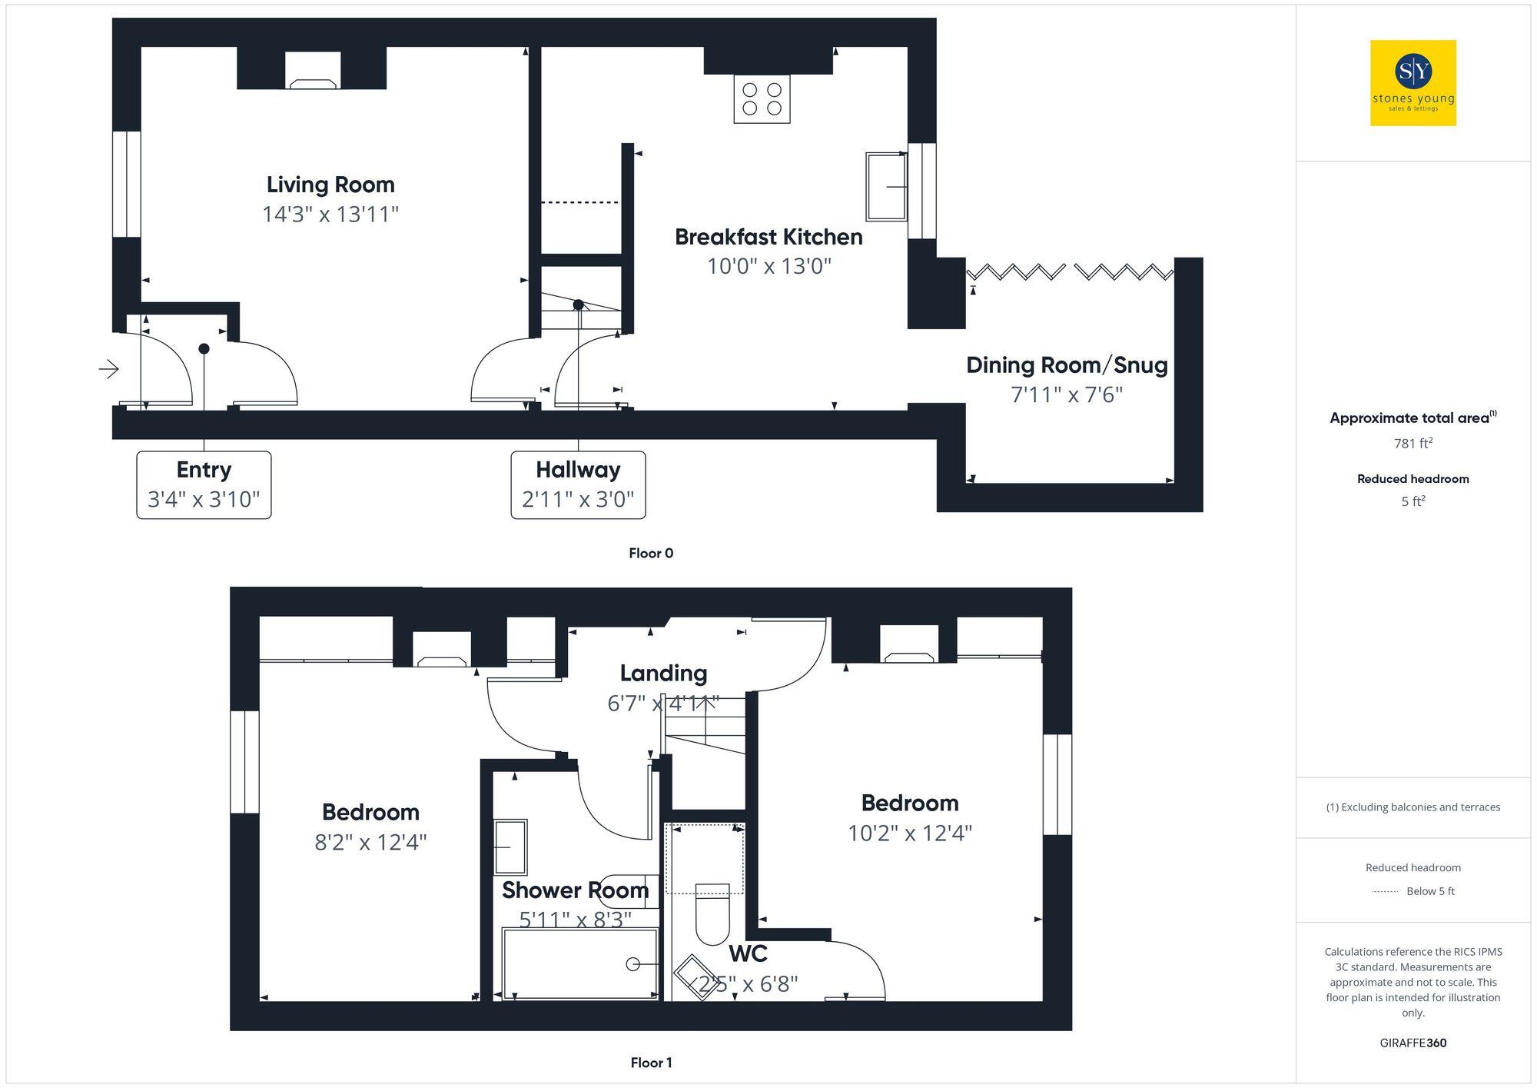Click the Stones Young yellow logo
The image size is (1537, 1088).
coord(1413,83)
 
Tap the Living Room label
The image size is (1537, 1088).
coord(330,185)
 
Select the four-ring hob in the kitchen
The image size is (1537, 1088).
coord(762,99)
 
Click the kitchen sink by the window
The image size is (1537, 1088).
coord(885,186)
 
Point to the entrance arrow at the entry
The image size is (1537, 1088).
coord(109,370)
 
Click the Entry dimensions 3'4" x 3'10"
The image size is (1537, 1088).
coord(204,500)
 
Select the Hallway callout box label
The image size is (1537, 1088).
coord(578,470)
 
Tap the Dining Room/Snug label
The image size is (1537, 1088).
coord(1067,365)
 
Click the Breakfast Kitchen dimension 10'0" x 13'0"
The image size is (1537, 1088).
coord(769,267)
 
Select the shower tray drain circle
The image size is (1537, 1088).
coord(633,964)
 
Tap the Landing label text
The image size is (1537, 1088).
coord(663,674)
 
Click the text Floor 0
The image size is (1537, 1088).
coord(651,554)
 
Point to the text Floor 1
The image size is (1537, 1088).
coord(651,1063)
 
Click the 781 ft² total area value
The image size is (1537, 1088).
coord(1413,444)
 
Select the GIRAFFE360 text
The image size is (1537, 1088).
coord(1413,1043)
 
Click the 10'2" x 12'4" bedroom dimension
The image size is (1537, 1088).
coord(910,833)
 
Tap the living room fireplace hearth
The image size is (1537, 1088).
coord(313,83)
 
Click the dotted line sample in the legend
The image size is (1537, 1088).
coord(1385,892)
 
